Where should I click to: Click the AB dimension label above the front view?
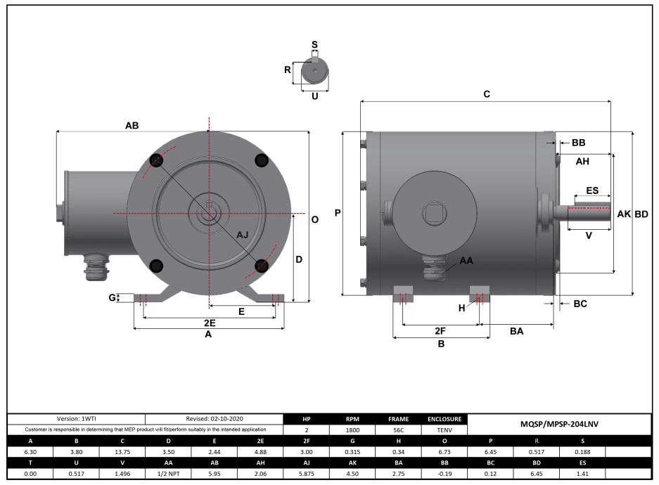click(132, 126)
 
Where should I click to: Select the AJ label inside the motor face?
click(242, 234)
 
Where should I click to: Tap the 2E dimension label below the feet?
click(209, 323)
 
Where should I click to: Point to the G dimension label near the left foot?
click(112, 298)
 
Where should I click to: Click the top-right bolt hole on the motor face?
click(262, 160)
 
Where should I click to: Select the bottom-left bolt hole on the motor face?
click(156, 266)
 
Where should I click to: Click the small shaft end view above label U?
click(314, 71)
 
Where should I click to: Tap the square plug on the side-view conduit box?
click(430, 212)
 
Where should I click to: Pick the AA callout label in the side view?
click(466, 261)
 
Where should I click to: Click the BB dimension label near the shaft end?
click(578, 143)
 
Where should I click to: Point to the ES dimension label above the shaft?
click(592, 190)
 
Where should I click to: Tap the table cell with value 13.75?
click(122, 453)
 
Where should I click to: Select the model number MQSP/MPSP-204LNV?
click(559, 424)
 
